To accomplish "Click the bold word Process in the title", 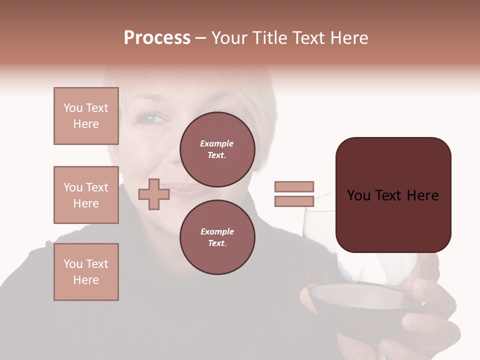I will (157, 38).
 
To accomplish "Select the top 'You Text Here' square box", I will (86, 116).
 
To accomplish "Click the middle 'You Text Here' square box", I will (86, 195).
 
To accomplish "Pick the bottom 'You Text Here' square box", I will (86, 272).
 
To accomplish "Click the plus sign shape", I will (153, 194).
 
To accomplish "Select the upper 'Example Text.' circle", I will (217, 149).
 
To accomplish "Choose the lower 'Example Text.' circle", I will (217, 237).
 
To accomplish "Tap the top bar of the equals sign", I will (294, 186).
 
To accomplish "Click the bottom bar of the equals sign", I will (294, 201).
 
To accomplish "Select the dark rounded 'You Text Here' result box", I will (393, 195).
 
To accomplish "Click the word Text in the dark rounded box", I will (393, 195).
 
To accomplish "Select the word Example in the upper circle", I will (217, 143).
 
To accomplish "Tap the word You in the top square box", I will (73, 108).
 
